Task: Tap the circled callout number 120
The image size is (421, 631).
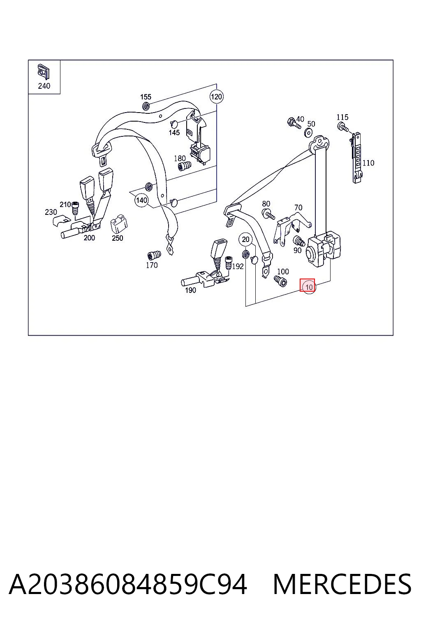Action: tap(216, 97)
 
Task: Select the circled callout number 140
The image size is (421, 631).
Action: tap(141, 200)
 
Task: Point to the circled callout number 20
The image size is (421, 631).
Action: tap(245, 240)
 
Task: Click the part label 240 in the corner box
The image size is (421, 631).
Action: tap(44, 86)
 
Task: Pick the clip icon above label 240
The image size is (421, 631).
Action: tap(44, 72)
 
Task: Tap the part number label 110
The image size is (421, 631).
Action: tap(368, 163)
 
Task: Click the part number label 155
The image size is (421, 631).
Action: tap(146, 97)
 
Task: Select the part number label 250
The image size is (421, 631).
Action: tap(117, 238)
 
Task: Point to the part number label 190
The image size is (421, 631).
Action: tap(190, 290)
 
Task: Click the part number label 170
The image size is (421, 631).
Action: tap(152, 265)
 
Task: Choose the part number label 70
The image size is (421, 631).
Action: tap(298, 207)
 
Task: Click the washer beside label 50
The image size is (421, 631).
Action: tap(308, 132)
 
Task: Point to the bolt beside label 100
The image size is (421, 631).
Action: tap(280, 281)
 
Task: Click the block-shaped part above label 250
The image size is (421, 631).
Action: tap(118, 223)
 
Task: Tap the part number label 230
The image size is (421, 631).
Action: tap(51, 212)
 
